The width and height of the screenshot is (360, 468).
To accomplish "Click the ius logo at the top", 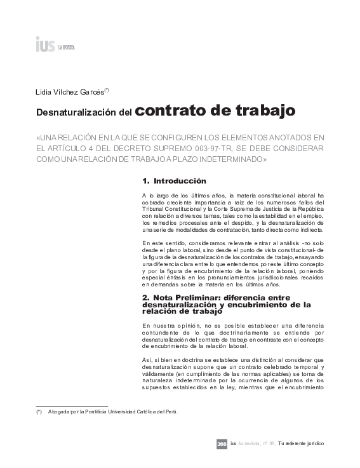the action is (x=46, y=44).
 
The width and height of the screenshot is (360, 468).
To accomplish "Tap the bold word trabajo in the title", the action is (x=263, y=111).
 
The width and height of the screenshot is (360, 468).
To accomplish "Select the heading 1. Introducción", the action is (x=174, y=181).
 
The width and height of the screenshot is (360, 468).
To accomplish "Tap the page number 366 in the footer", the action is (x=222, y=443).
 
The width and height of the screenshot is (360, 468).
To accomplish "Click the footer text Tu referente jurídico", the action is (x=298, y=443).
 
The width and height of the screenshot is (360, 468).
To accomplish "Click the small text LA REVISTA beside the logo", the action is (x=67, y=47).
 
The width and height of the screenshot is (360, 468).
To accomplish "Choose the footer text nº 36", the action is (x=267, y=443).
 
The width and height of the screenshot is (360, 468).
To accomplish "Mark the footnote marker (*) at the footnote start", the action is (x=39, y=411).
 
